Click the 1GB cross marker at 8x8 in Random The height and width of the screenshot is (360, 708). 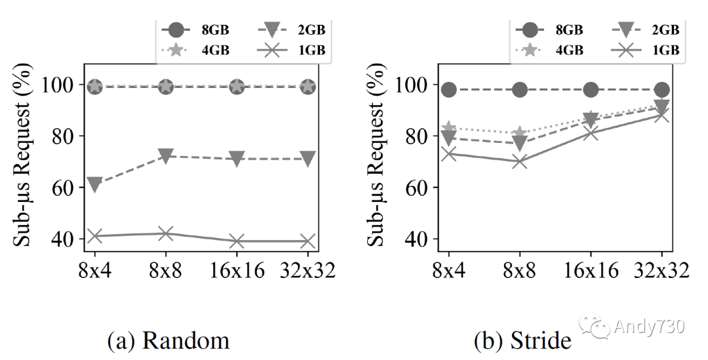coord(166,233)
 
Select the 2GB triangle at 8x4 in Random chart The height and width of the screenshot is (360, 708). coord(94,185)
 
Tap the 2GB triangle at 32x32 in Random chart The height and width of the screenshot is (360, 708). coord(307,159)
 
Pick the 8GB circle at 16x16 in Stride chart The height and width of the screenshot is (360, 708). coord(591,90)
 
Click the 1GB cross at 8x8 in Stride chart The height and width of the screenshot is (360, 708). coord(520,161)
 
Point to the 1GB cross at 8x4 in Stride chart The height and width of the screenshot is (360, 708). coord(448,153)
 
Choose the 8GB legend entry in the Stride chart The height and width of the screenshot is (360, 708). coord(551,30)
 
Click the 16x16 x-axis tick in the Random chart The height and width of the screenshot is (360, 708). coord(237,270)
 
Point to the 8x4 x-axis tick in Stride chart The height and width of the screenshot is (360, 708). coord(448,270)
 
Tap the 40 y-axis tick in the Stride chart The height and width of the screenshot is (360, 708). coord(418,239)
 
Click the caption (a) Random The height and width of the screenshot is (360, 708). coord(168,340)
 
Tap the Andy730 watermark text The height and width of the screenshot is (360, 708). coord(649,327)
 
